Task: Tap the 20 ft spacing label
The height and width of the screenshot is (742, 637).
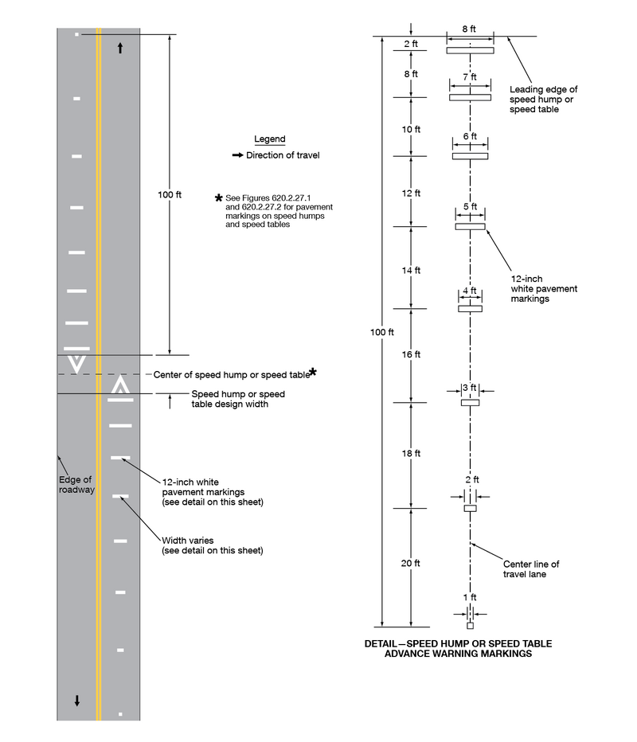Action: (411, 563)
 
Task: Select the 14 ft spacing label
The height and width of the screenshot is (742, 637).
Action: (411, 271)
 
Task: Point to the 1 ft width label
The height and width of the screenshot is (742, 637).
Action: (471, 597)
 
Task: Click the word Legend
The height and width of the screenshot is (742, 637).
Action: (269, 139)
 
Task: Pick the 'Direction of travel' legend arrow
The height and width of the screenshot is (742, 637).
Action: (237, 155)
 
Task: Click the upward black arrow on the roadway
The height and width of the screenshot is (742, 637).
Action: (120, 48)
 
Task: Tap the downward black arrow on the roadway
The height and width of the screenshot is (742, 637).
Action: (77, 701)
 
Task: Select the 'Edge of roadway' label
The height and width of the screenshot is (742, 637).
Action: (76, 484)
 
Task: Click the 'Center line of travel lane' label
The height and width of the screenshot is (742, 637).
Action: (531, 568)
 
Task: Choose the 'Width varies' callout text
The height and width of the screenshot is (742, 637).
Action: (212, 545)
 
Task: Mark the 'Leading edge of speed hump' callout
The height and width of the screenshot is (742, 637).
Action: (543, 100)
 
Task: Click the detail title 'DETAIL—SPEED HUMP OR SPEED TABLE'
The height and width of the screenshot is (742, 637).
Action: (458, 643)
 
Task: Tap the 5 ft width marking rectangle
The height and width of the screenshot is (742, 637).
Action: (470, 227)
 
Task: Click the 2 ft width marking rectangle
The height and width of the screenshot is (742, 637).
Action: (470, 508)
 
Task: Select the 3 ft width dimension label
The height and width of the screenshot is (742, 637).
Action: (471, 389)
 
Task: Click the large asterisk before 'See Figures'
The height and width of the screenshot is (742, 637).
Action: (219, 197)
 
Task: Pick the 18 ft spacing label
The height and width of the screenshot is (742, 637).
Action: (411, 453)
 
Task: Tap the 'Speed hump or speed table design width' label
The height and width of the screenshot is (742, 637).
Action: (238, 399)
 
